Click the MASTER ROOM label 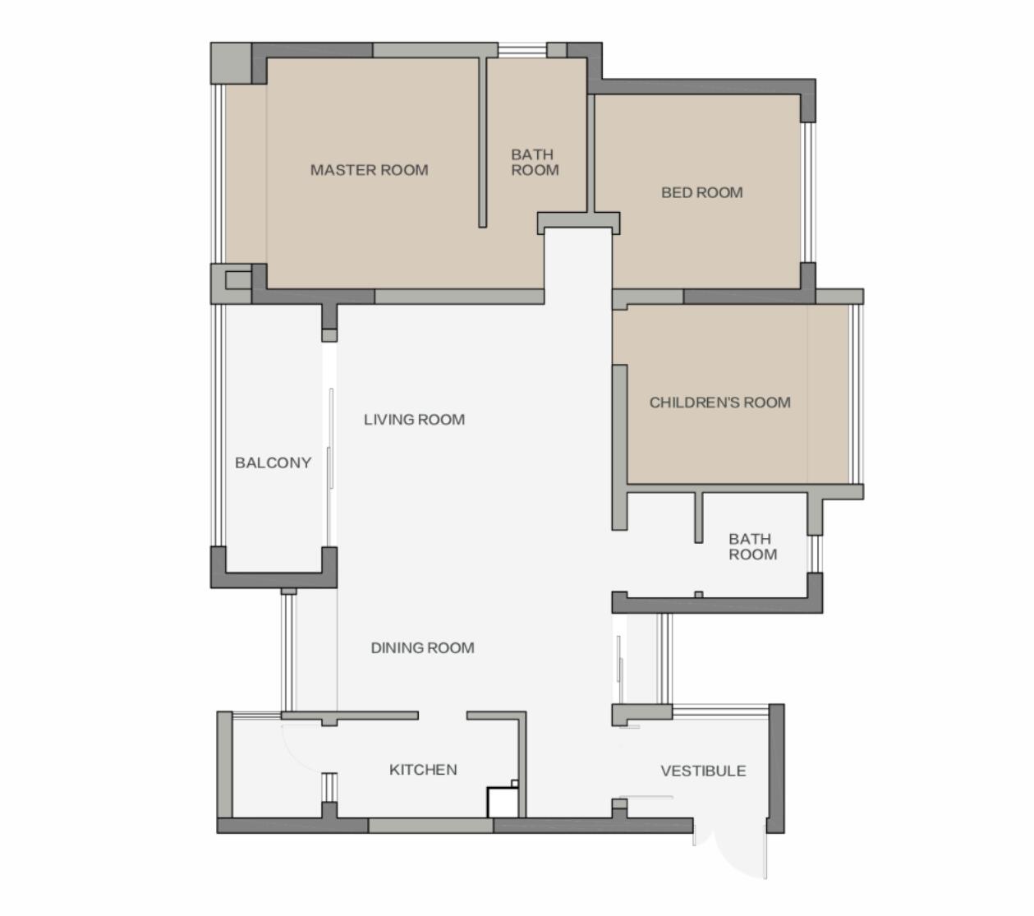coord(369,170)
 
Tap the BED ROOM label coord(701,192)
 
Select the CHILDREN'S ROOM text coord(720,403)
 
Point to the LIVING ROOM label coord(415,420)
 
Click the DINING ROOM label coord(423,648)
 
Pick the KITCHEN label coord(423,770)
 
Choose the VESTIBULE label coord(703,771)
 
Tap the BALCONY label coord(273,463)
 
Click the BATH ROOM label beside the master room coord(535,163)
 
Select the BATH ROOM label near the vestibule coord(753,546)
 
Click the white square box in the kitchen coord(503,803)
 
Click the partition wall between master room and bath coord(482,142)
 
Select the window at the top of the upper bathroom coord(522,50)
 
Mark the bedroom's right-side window coord(807,192)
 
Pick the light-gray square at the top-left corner coord(232,63)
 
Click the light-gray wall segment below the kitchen coord(430,826)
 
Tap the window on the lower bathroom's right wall coord(815,554)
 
